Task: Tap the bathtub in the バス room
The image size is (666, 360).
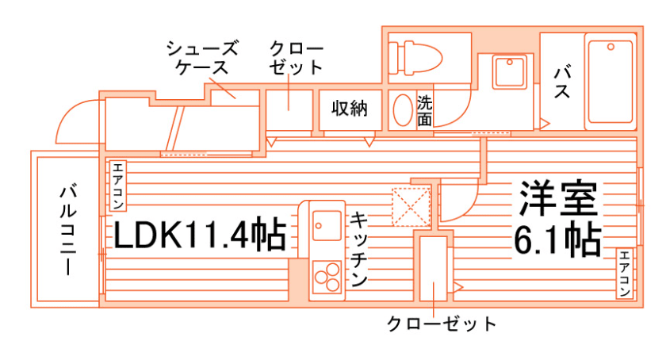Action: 610,82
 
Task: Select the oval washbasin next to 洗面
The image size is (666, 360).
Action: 403,110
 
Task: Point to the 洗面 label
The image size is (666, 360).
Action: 425,111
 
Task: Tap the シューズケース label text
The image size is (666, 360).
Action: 202,57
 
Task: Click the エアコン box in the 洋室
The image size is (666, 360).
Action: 625,274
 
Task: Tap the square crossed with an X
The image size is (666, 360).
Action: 411,205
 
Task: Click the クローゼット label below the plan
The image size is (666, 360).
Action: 442,324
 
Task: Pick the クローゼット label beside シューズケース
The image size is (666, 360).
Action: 296,57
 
